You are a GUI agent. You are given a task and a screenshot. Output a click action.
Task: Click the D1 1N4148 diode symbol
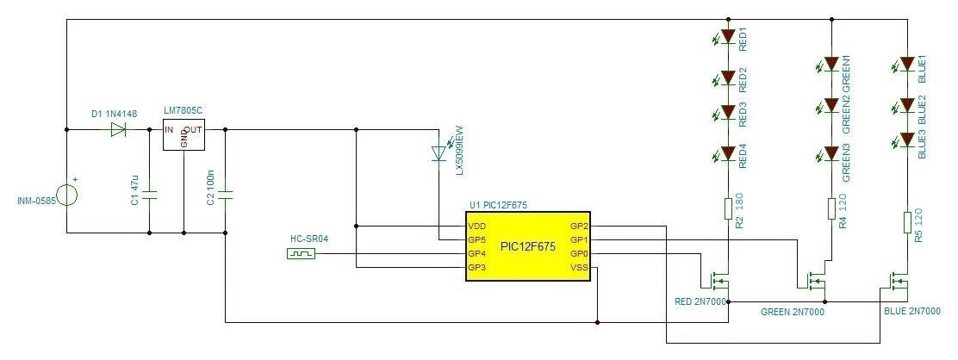118,129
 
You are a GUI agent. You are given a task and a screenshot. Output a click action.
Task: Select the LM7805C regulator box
184,134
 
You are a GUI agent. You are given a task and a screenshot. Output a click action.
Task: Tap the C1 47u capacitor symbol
149,196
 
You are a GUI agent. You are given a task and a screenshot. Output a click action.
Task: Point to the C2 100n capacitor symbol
226,196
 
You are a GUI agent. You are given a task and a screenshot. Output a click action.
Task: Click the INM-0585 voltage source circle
66,196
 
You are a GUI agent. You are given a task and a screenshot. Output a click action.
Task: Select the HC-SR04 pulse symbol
302,253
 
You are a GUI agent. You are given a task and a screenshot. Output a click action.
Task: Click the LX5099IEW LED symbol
438,152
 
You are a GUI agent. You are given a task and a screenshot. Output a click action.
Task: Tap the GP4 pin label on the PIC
476,254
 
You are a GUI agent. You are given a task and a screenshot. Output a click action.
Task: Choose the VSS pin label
579,267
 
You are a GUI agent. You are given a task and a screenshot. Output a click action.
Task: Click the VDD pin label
477,227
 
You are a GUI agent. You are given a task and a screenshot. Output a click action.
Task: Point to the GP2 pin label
579,227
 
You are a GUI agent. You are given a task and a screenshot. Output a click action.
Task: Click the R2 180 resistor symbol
728,208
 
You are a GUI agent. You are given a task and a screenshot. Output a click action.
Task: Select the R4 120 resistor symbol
830,208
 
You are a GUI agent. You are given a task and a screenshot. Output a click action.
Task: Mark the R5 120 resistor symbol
907,222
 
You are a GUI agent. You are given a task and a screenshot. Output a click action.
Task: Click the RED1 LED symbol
726,37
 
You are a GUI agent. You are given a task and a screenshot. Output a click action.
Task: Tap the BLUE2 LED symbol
905,105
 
